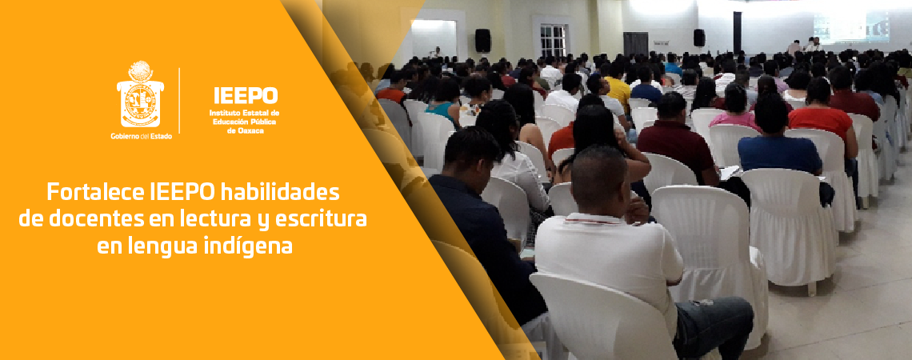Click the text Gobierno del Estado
point(141,136)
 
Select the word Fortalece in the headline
point(95,193)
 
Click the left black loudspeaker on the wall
point(482,40)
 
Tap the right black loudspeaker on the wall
point(698,37)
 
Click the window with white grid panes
point(553,40)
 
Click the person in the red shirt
point(821,120)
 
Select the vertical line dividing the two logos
point(179,100)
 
